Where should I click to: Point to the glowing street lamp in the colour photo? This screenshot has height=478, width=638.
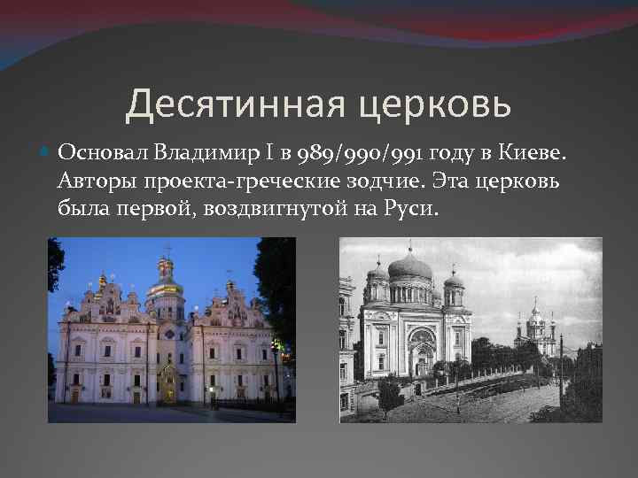coord(276,345)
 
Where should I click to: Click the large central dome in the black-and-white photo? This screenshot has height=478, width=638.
coord(410,267)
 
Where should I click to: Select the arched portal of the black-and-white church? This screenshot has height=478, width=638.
coord(422,350)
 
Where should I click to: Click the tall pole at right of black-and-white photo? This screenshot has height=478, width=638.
coord(560,372)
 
